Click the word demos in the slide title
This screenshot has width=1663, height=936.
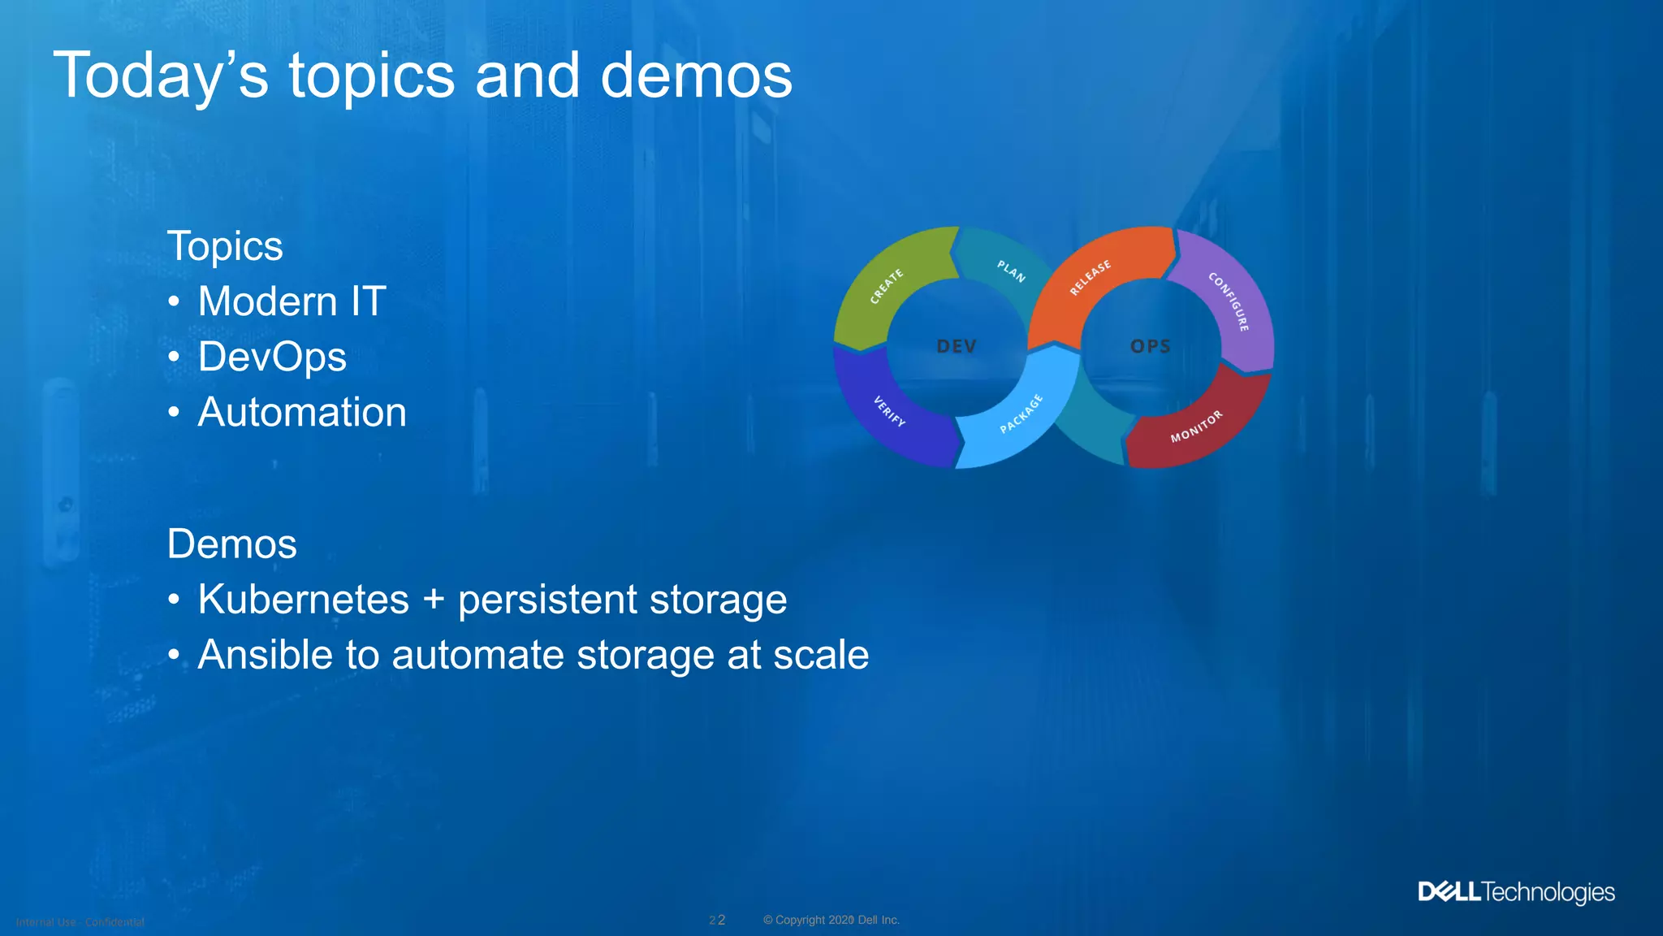point(696,76)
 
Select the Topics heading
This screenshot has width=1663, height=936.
point(225,246)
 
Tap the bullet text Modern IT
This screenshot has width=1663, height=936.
point(292,301)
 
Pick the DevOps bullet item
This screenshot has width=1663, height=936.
point(272,357)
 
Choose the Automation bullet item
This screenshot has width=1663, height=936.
point(302,412)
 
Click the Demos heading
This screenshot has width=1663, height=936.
point(231,544)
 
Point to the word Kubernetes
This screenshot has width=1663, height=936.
point(303,600)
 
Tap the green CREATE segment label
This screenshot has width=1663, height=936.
point(886,286)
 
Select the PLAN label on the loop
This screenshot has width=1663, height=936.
point(1011,271)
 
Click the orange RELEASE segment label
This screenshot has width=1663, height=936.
point(1090,278)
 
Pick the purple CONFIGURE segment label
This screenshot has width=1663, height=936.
point(1229,301)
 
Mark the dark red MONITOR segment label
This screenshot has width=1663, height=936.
point(1196,427)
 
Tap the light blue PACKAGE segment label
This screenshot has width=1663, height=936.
point(1021,414)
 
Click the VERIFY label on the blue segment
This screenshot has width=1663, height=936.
point(889,411)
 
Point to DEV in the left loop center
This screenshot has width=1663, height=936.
point(957,347)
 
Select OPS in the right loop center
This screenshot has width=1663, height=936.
point(1151,347)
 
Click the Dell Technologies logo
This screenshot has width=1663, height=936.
point(1516,892)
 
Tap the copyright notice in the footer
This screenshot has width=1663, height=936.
point(831,920)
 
